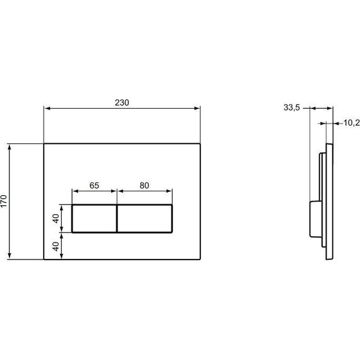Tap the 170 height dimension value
pos(6,201)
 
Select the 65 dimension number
pos(94,186)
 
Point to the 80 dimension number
pos(144,186)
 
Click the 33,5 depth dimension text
pos(291,108)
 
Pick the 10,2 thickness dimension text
pos(351,123)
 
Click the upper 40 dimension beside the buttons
pos(56,219)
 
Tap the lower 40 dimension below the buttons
pos(56,246)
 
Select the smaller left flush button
pos(94,219)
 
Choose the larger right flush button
pos(145,219)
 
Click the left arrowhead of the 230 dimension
pos(46,109)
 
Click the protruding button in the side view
pos(313,219)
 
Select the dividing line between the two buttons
pos(117,219)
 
